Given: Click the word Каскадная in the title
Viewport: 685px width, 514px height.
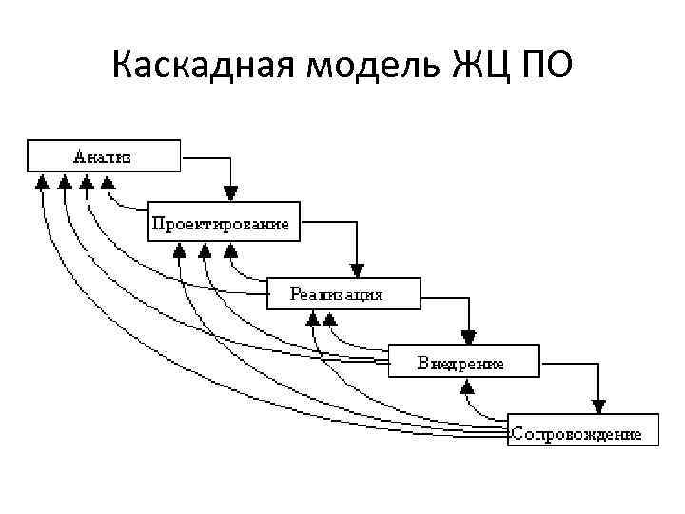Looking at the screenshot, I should pos(194,68).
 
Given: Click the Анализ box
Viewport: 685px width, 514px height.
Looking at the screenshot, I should pos(104,155).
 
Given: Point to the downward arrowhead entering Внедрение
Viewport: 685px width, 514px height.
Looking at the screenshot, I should pos(468,336).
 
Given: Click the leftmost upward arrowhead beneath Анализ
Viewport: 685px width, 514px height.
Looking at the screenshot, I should pos(41,181).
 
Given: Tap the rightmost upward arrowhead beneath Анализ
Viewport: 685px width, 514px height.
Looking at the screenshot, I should pos(107,181).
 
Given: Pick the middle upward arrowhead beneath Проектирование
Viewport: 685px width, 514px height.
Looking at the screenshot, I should pos(204,250).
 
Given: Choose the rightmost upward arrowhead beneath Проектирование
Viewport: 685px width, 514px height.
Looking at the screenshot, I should pos(230,250).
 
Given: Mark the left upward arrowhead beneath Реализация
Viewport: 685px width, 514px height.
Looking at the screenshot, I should pos(313,320).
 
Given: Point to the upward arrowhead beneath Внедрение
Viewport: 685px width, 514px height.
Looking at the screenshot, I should pos(467,387).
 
